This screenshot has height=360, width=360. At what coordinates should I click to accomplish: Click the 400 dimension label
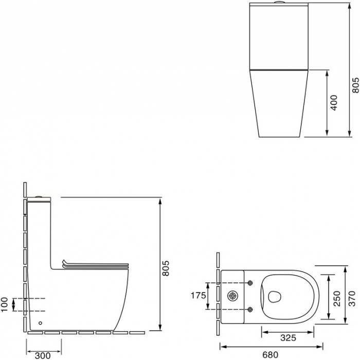point(334,103)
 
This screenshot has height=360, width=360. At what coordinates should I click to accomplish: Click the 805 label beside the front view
point(356,85)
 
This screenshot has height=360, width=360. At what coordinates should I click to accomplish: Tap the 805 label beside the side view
point(166,268)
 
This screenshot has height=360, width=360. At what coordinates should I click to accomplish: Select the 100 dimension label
point(4,304)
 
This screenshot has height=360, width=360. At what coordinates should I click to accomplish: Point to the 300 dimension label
point(43,356)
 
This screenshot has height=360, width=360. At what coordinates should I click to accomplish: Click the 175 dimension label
point(199,296)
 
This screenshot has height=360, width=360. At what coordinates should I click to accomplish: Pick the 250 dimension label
point(337,298)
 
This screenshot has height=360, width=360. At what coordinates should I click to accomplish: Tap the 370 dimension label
point(352,298)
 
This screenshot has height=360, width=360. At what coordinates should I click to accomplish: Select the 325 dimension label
point(288,338)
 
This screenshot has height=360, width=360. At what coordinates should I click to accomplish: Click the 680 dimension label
point(270,355)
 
